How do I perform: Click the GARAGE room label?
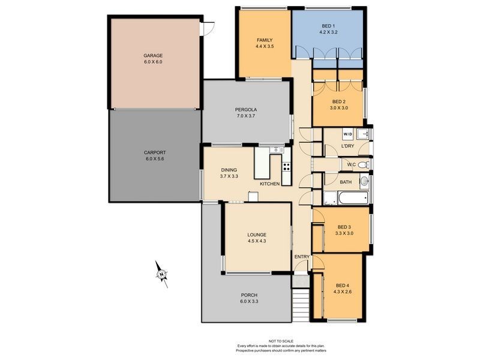[x=153, y=55]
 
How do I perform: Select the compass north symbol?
[x=161, y=274]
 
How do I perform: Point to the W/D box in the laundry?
[x=348, y=134]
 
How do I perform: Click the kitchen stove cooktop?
[x=286, y=166]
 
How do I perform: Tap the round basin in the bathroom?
[x=364, y=181]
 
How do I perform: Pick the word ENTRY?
[x=302, y=257]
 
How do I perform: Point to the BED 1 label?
[x=328, y=26]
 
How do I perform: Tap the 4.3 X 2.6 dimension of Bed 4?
[x=342, y=292]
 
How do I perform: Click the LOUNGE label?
[x=256, y=235]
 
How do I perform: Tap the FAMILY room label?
[x=264, y=40]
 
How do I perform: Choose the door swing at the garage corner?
[x=209, y=27]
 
